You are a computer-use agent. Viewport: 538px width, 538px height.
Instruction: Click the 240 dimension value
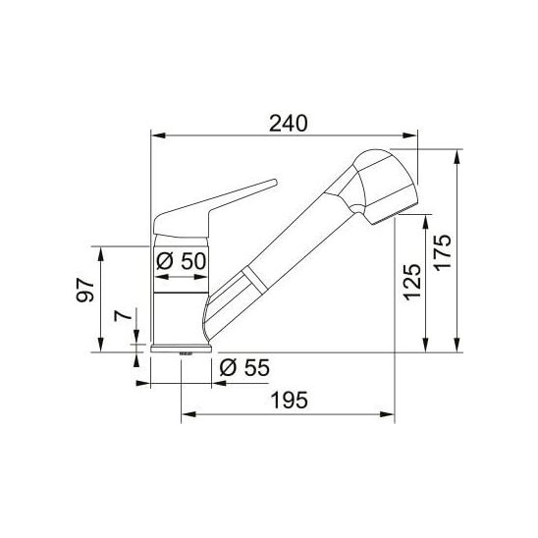[x=289, y=124]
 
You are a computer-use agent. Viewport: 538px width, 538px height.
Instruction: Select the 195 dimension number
[x=290, y=401]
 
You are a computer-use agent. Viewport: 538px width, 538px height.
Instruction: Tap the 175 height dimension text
[x=443, y=252]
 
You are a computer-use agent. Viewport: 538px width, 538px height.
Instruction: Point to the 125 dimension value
[x=411, y=282]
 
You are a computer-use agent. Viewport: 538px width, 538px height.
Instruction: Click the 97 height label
[x=85, y=290]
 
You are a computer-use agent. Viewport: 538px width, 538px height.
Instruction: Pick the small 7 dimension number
[x=123, y=315]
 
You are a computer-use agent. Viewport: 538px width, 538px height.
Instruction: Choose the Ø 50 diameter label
[x=182, y=261]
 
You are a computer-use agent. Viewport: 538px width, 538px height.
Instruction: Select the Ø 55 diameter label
[x=244, y=368]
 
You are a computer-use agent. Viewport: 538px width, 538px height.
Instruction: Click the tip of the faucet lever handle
[x=275, y=182]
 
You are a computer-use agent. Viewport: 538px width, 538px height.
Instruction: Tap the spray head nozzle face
[x=395, y=213]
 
